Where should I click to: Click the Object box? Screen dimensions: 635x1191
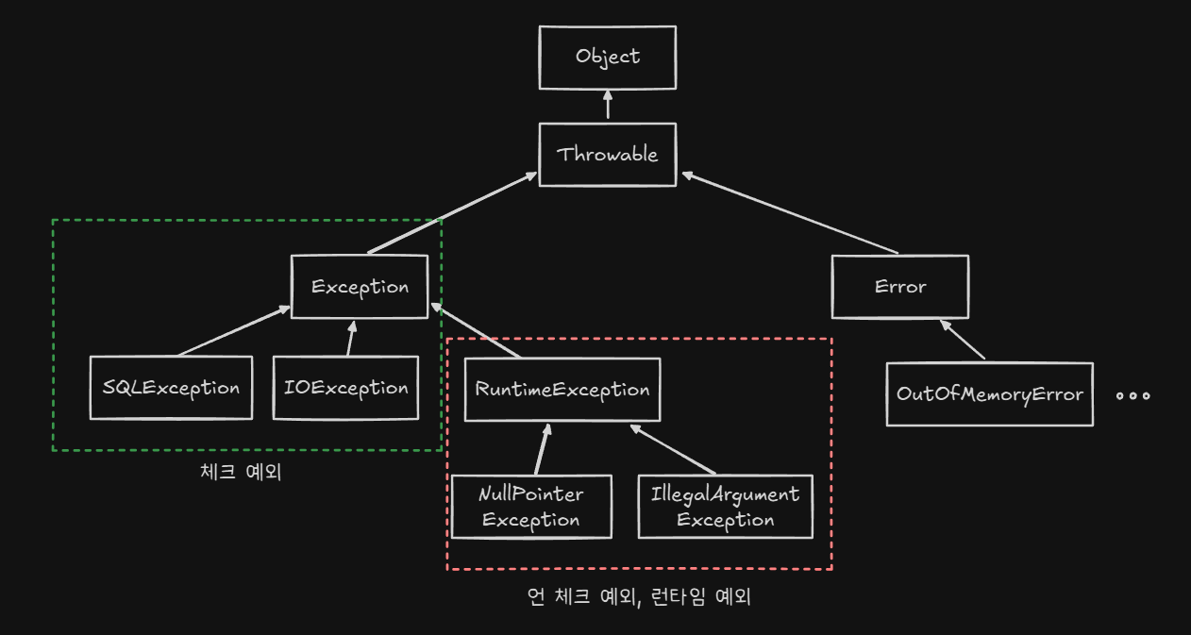608,57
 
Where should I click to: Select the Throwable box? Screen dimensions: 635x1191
608,154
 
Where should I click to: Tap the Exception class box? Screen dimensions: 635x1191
360,287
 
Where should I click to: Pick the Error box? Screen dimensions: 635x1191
900,287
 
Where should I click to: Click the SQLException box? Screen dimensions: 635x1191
171,388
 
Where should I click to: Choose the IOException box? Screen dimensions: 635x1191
345,388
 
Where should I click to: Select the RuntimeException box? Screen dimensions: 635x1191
562,390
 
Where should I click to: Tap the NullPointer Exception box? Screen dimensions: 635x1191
531,507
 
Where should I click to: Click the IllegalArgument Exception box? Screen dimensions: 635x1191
725,507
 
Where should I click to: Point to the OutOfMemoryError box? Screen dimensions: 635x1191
989,393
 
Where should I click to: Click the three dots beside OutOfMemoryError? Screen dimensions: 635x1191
1132,395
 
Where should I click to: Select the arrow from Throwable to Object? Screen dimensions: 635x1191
608,105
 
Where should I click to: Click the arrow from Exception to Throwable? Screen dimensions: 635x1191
448,214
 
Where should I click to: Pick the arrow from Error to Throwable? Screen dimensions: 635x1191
788,212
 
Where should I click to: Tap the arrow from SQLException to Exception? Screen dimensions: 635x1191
234,331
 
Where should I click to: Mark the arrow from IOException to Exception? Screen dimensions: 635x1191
350,339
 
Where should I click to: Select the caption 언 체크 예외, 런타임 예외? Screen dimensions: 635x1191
639,596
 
